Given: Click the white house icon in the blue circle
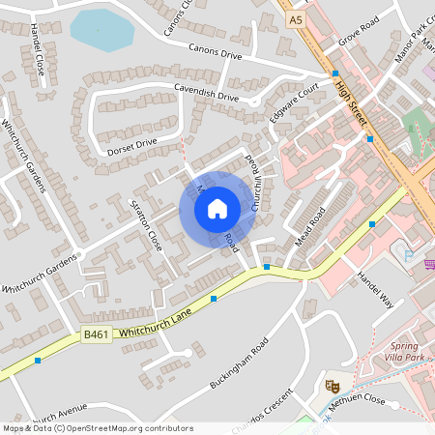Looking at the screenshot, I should [217, 207].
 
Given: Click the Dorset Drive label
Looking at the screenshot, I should [133, 144].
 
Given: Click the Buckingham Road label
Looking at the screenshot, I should [239, 366].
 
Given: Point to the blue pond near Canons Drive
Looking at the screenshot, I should [101, 31].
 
